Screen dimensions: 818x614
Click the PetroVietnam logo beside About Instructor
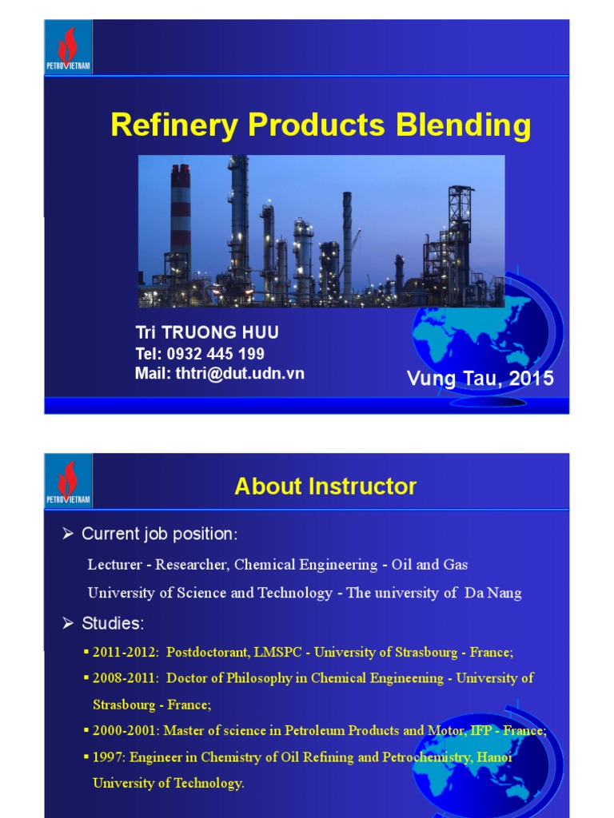[68, 480]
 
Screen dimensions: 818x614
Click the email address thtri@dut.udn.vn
[240, 373]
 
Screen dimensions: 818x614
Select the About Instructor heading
[325, 486]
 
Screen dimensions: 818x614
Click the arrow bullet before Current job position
[68, 534]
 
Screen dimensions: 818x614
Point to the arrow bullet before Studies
[68, 622]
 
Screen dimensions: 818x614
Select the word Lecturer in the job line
[114, 565]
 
